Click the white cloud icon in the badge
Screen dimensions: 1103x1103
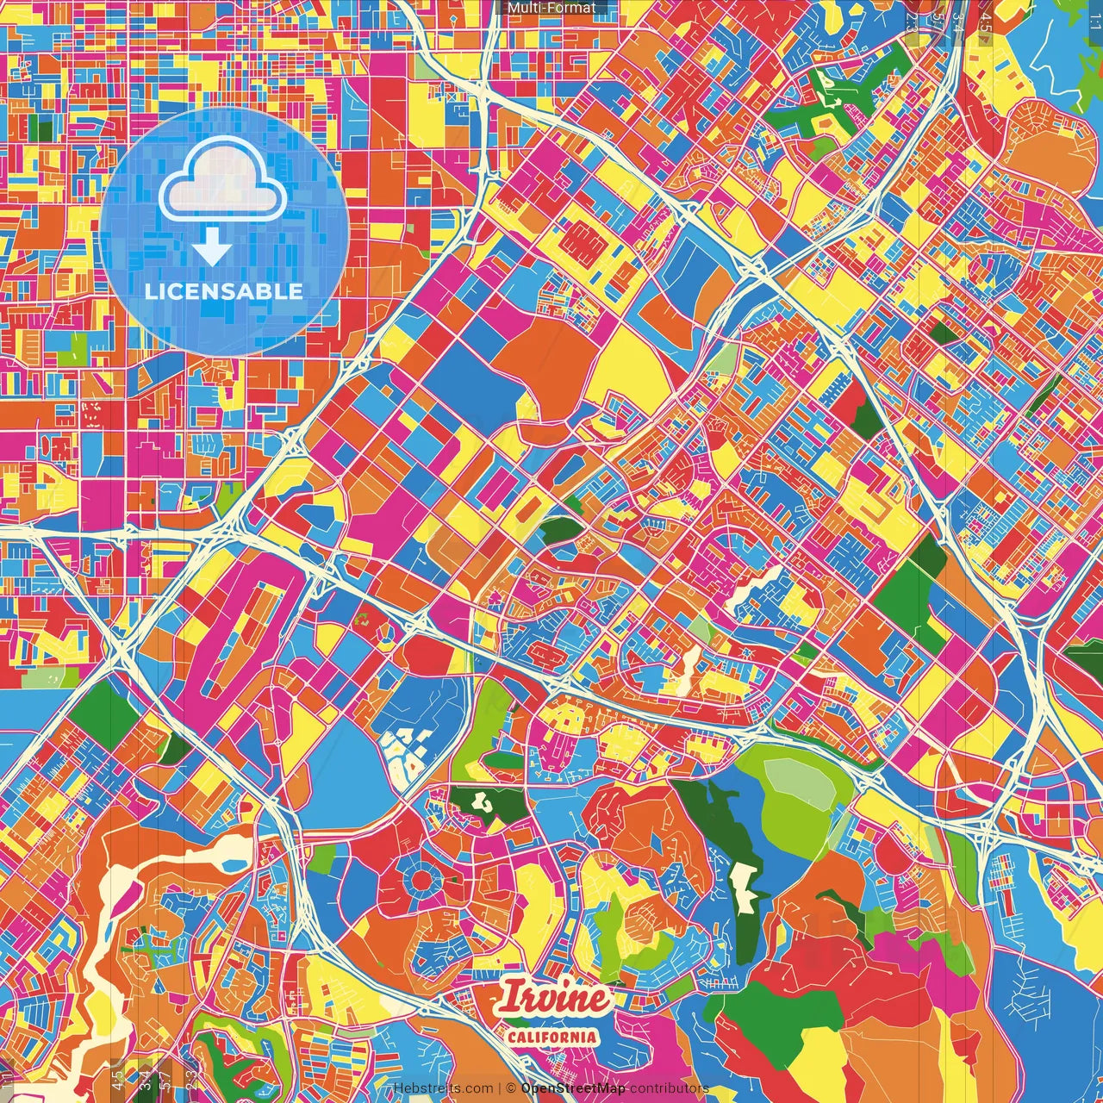[223, 182]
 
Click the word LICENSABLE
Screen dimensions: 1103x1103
[224, 291]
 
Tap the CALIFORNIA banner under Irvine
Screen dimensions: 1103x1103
[551, 1037]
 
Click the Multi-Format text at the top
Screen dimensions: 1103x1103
[551, 8]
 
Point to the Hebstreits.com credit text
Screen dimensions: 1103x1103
[444, 1088]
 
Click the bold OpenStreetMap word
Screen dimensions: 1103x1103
[573, 1088]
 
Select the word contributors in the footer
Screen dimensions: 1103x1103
[669, 1088]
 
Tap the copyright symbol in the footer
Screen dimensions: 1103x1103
[511, 1088]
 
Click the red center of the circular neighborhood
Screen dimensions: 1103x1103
[422, 880]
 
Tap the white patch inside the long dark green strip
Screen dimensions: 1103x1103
[742, 887]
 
